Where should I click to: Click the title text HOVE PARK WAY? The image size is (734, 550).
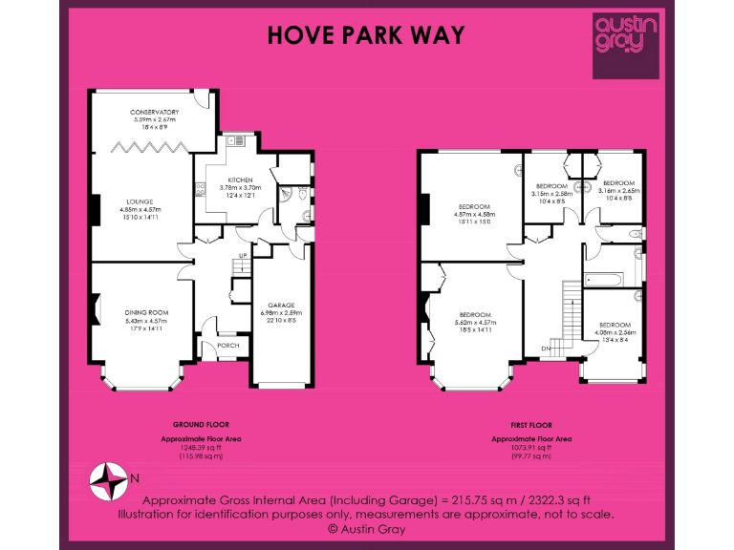tap(366, 35)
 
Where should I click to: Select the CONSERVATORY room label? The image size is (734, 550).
tap(154, 113)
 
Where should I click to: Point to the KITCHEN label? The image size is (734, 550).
tap(238, 180)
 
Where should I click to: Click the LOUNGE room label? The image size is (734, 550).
tap(141, 201)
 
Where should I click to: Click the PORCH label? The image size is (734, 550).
tap(228, 346)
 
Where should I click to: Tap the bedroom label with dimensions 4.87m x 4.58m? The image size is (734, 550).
tap(475, 207)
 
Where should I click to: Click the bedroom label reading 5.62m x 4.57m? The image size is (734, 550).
tap(475, 315)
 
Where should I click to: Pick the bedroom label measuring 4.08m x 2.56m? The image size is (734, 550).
tap(615, 325)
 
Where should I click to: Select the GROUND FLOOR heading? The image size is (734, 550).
tap(201, 424)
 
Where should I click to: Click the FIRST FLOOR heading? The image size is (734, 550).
tap(531, 424)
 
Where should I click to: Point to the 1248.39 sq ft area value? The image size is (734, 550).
tap(201, 448)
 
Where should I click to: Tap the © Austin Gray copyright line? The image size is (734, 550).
tap(366, 527)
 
